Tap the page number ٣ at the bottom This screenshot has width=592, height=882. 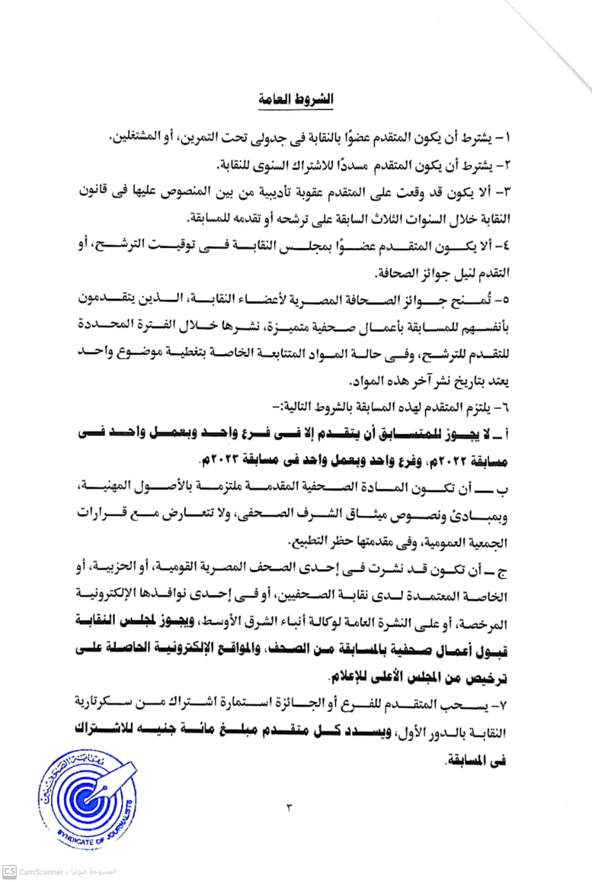click(x=289, y=808)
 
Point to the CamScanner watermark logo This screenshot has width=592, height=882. click(x=10, y=870)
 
